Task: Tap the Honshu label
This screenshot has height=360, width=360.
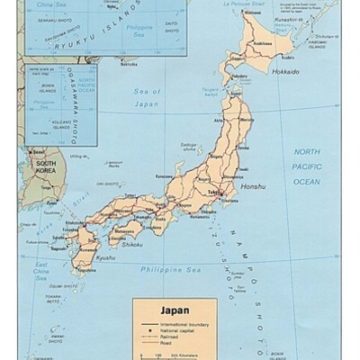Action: tap(253, 211)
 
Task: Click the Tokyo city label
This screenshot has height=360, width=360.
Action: tap(212, 193)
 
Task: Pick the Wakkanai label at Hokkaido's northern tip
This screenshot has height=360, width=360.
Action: tap(248, 13)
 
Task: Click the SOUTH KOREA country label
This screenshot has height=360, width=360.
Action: tap(45, 167)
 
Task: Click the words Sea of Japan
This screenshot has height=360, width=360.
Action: tap(146, 98)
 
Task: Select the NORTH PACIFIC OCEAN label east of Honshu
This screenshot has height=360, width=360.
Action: tap(307, 166)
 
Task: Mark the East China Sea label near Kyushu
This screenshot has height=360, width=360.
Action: tap(40, 271)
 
